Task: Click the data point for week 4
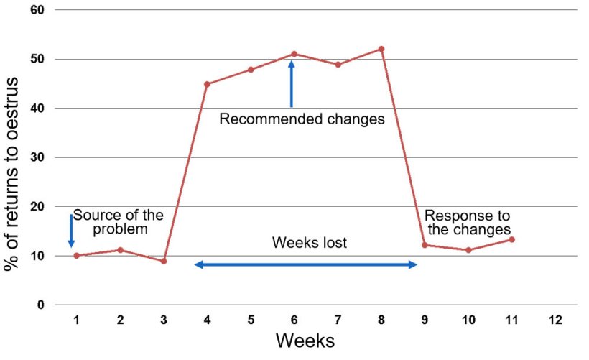(x=207, y=84)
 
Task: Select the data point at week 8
(x=381, y=49)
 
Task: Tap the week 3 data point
(x=164, y=261)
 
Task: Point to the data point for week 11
(x=511, y=239)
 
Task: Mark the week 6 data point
(x=294, y=54)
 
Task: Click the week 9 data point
(x=425, y=245)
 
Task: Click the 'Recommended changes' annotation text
(x=302, y=119)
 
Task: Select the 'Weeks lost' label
(x=309, y=243)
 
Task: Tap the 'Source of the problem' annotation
(x=119, y=222)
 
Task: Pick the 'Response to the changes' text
(x=467, y=222)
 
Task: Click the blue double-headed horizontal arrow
(x=305, y=265)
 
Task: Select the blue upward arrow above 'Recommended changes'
(x=292, y=84)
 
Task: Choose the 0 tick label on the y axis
(x=40, y=305)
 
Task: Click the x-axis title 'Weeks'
(x=305, y=340)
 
